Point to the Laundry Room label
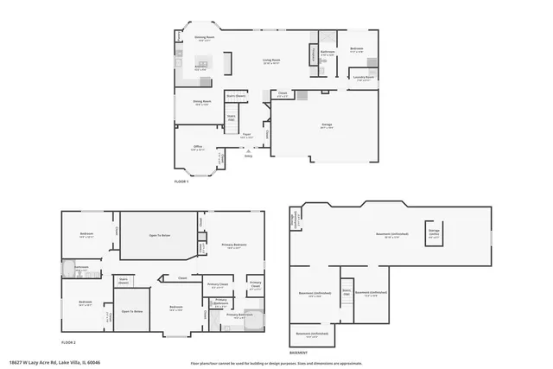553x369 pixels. coord(363,78)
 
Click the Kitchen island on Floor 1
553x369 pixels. coord(203,63)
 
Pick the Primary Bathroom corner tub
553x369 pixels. coord(254,317)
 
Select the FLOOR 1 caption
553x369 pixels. coord(181,181)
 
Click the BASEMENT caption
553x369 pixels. coord(298,353)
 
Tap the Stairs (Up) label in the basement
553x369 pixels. coord(346,291)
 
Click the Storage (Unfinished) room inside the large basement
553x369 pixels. coord(435,232)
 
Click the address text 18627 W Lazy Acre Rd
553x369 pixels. coord(48,362)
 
